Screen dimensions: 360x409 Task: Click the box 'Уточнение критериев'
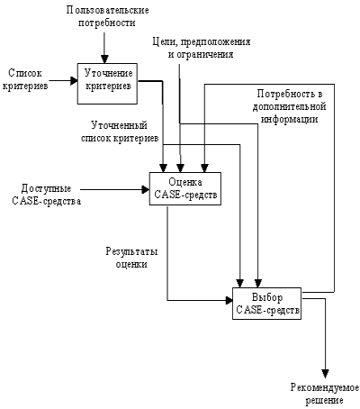click(107, 84)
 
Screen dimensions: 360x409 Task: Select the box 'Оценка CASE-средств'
click(185, 188)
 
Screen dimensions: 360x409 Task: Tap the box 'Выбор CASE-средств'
click(267, 304)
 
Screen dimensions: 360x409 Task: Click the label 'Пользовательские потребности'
click(107, 16)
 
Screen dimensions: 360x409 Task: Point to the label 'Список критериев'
click(25, 79)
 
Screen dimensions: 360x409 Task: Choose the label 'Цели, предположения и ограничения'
click(202, 48)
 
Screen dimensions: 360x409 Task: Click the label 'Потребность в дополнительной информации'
click(289, 106)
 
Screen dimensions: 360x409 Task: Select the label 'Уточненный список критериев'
click(120, 132)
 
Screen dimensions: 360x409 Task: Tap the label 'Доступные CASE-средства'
click(47, 195)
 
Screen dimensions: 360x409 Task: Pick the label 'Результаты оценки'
click(131, 258)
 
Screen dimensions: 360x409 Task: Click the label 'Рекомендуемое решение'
click(325, 394)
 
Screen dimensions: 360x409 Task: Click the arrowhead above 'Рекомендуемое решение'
click(325, 374)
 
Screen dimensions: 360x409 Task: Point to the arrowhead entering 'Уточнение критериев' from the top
click(104, 59)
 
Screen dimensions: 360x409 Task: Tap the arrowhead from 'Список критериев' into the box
click(74, 81)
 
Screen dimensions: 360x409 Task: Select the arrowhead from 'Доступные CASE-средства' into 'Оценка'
click(146, 189)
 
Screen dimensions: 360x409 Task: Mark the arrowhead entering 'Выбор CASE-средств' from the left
click(229, 300)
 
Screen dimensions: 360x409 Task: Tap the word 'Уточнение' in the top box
click(108, 74)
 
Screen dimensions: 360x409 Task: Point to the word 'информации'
click(289, 119)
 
